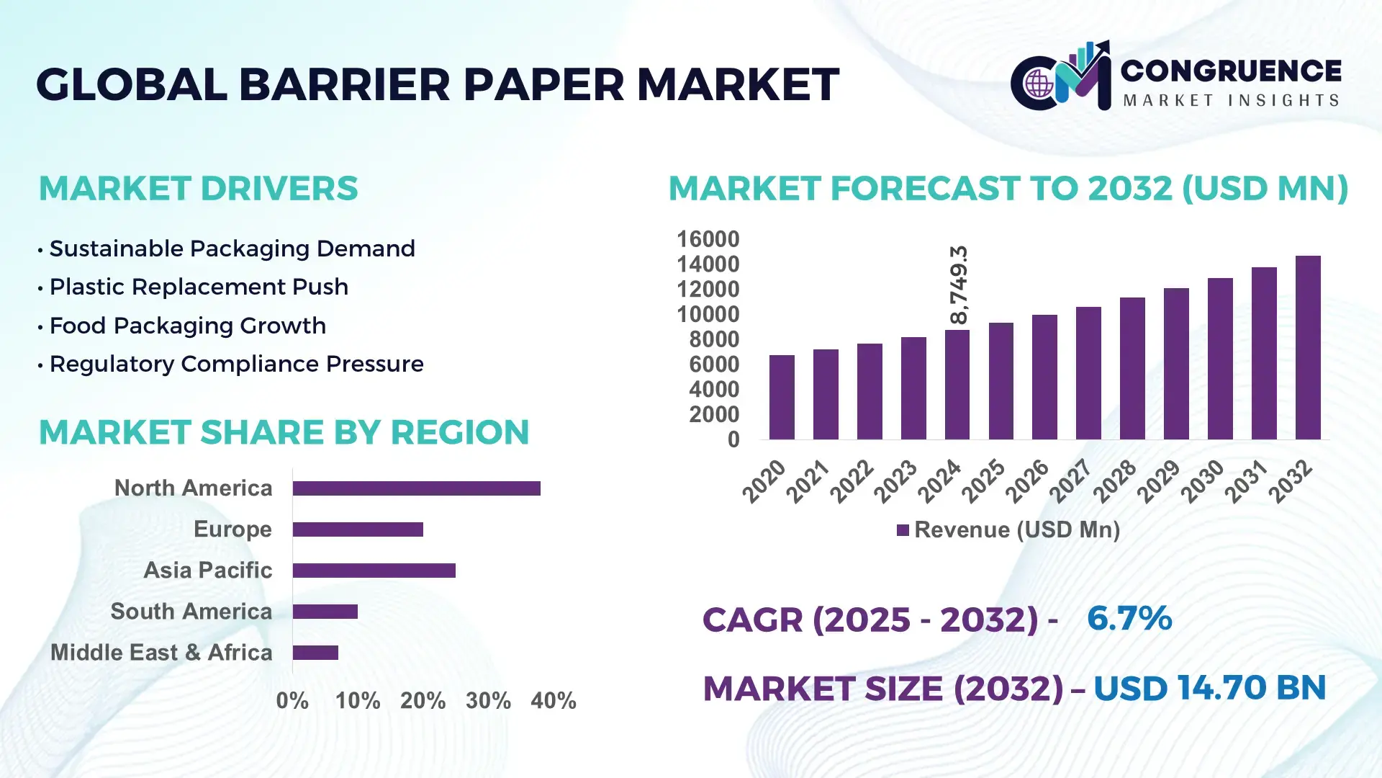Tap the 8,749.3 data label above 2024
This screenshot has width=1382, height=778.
(x=959, y=285)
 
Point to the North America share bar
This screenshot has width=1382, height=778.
(x=416, y=488)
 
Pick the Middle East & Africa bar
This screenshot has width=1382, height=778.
(x=315, y=653)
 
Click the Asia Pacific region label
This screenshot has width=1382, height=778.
(x=208, y=570)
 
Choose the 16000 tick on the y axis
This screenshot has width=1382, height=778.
(x=708, y=239)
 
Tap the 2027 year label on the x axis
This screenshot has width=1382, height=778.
(x=1070, y=480)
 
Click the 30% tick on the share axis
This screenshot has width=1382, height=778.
(x=488, y=700)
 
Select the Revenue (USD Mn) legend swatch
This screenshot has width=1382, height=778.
(x=903, y=530)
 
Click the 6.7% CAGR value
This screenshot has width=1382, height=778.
(x=1129, y=618)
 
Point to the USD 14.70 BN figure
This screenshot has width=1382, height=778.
(x=1209, y=688)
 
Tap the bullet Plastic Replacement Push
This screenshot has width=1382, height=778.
(x=199, y=287)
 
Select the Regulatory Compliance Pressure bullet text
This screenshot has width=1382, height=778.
(x=236, y=364)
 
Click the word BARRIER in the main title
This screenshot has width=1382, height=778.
(x=344, y=84)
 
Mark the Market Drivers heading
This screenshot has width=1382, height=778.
(x=198, y=189)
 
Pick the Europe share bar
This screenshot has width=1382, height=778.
(x=358, y=529)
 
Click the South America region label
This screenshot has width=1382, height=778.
(x=191, y=611)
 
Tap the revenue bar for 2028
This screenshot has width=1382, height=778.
(x=1132, y=368)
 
